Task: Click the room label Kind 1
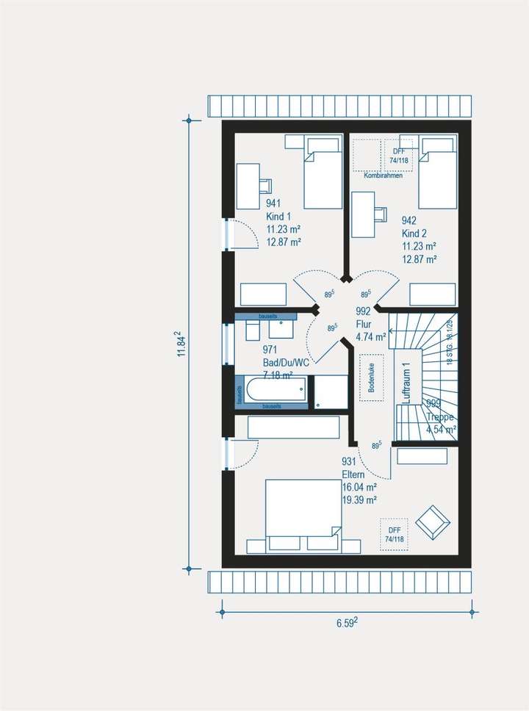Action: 278,216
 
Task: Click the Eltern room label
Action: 353,474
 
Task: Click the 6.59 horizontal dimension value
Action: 347,624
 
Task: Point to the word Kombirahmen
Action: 384,176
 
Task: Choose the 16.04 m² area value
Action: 359,487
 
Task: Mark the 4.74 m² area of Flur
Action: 370,337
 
